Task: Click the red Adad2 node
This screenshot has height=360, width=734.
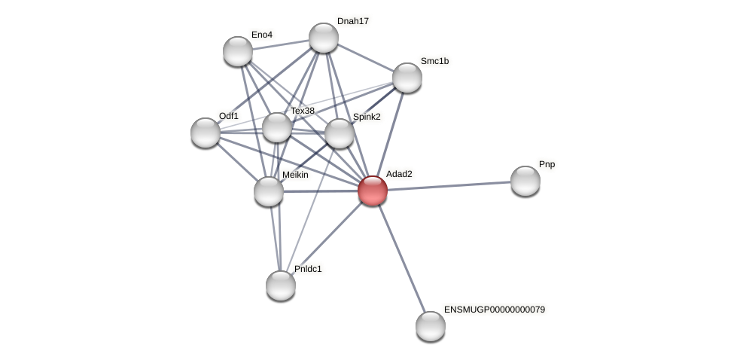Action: click(373, 191)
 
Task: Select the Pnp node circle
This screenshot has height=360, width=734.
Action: click(525, 181)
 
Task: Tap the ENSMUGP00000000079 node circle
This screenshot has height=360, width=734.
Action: click(431, 326)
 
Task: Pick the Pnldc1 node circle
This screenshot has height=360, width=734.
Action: click(281, 285)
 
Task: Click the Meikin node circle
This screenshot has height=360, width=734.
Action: click(269, 191)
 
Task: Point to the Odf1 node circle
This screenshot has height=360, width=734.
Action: click(206, 133)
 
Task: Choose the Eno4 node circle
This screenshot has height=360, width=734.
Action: click(238, 51)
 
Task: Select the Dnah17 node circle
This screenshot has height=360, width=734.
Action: click(324, 38)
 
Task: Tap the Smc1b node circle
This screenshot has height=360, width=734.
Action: click(407, 78)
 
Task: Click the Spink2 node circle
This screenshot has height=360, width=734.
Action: click(340, 133)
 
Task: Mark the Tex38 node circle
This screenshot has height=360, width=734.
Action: click(277, 127)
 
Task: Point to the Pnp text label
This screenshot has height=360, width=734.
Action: click(547, 164)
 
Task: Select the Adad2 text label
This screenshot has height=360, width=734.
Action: click(399, 174)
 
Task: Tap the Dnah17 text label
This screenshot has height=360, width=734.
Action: click(353, 21)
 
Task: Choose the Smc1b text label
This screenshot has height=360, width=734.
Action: click(434, 61)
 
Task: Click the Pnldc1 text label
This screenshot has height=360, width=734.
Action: click(308, 269)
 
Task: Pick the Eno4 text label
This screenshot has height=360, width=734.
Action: click(262, 35)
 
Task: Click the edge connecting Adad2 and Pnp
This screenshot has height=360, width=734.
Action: click(452, 185)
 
